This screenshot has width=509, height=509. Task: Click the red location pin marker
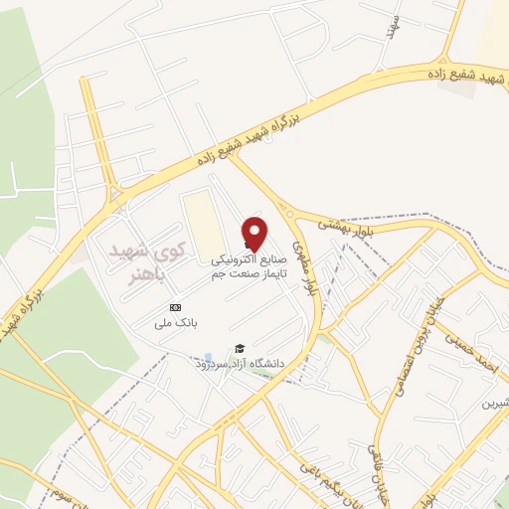click(255, 233)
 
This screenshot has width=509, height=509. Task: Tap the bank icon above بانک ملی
click(176, 307)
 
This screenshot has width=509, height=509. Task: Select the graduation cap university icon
click(239, 348)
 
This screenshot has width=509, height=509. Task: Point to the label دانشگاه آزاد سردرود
click(240, 364)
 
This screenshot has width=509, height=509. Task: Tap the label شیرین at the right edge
click(494, 402)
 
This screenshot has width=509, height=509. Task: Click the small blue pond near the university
click(208, 357)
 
